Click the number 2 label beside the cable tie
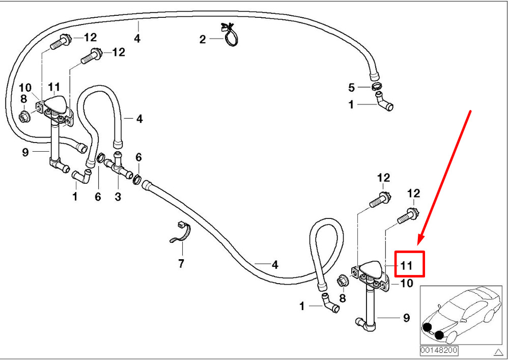point(203,39)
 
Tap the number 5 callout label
point(351,88)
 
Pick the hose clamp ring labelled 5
point(377,87)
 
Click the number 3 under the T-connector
point(118,196)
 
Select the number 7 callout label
point(181,263)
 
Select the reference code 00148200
point(439,350)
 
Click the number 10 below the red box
point(407,284)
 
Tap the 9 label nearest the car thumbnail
point(406,318)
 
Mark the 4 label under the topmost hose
point(137,38)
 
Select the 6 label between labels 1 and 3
point(98,196)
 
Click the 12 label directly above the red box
point(414,193)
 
